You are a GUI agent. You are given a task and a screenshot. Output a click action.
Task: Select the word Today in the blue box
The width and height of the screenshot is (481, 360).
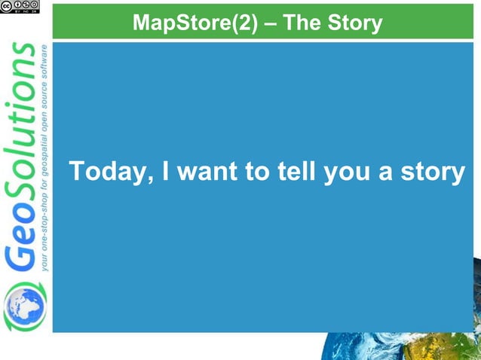pyautogui.click(x=105, y=172)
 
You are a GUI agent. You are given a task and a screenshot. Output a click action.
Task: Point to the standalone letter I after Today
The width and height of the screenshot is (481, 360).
pyautogui.click(x=161, y=172)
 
